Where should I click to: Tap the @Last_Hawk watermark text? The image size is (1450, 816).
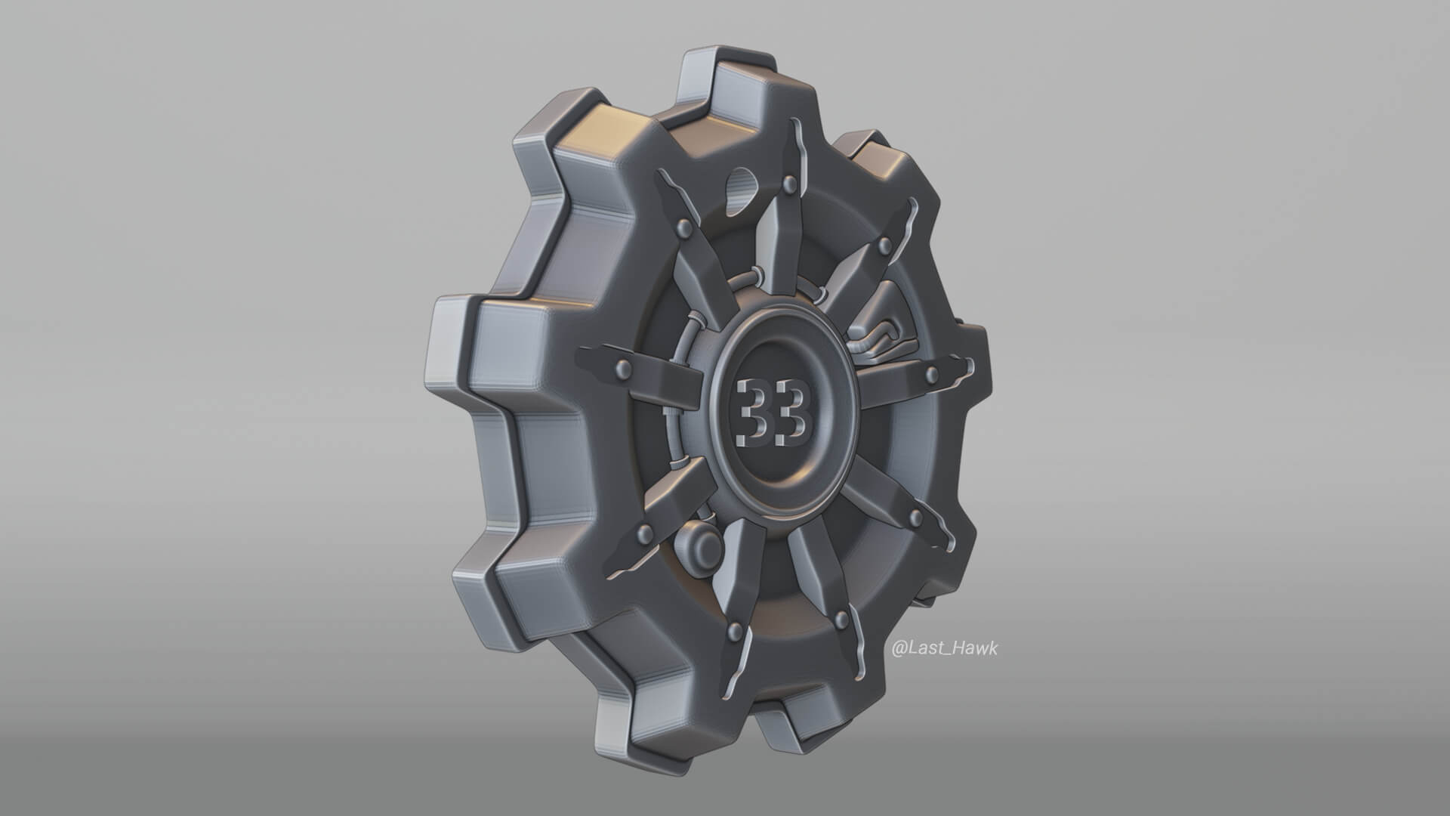[945, 648]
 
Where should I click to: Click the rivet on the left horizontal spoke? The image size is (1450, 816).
[624, 368]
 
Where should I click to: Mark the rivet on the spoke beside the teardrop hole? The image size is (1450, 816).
[683, 226]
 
